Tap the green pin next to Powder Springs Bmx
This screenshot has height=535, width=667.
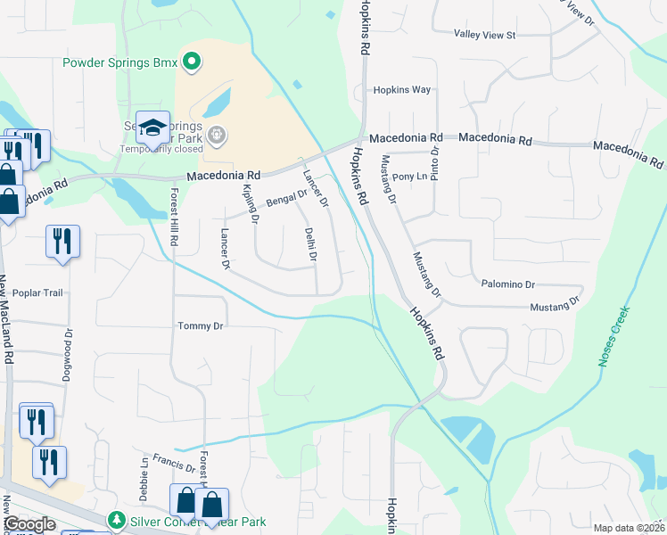click(191, 62)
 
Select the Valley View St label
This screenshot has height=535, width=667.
click(485, 35)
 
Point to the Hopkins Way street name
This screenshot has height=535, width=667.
click(402, 90)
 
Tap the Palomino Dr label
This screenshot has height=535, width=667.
click(507, 284)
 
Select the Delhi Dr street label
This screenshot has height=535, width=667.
click(311, 244)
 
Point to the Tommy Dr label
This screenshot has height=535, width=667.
click(199, 326)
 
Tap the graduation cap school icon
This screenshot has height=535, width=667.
click(152, 128)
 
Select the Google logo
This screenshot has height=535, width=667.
click(29, 524)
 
